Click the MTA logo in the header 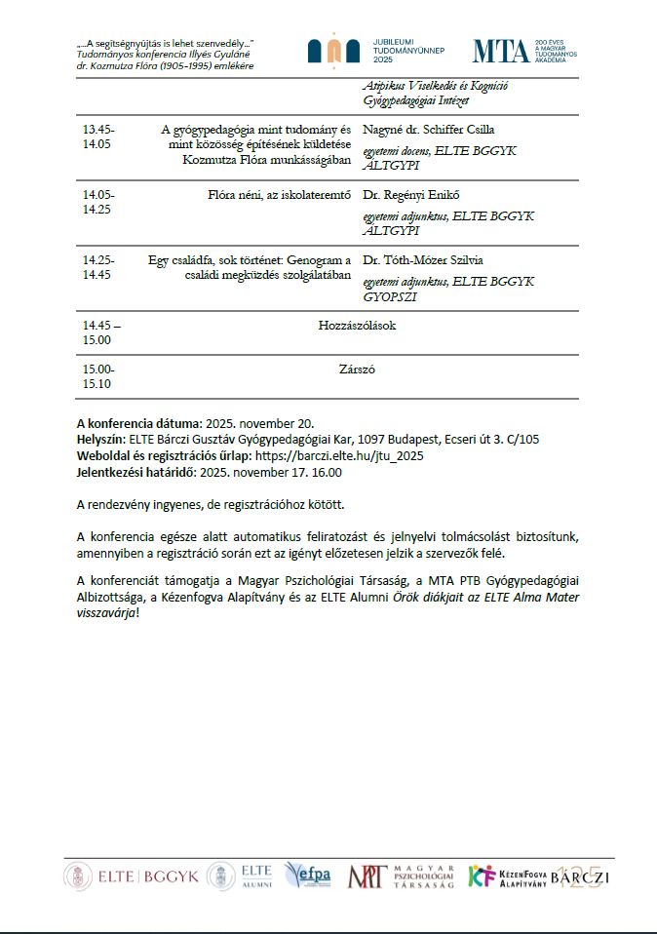pyautogui.click(x=501, y=51)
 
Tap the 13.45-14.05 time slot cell pyautogui.click(x=98, y=136)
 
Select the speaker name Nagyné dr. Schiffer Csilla pyautogui.click(x=427, y=130)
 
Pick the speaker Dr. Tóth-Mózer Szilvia pyautogui.click(x=423, y=260)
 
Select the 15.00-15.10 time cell pyautogui.click(x=98, y=376)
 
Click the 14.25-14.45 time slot pyautogui.click(x=98, y=267)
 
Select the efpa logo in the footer pyautogui.click(x=308, y=876)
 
